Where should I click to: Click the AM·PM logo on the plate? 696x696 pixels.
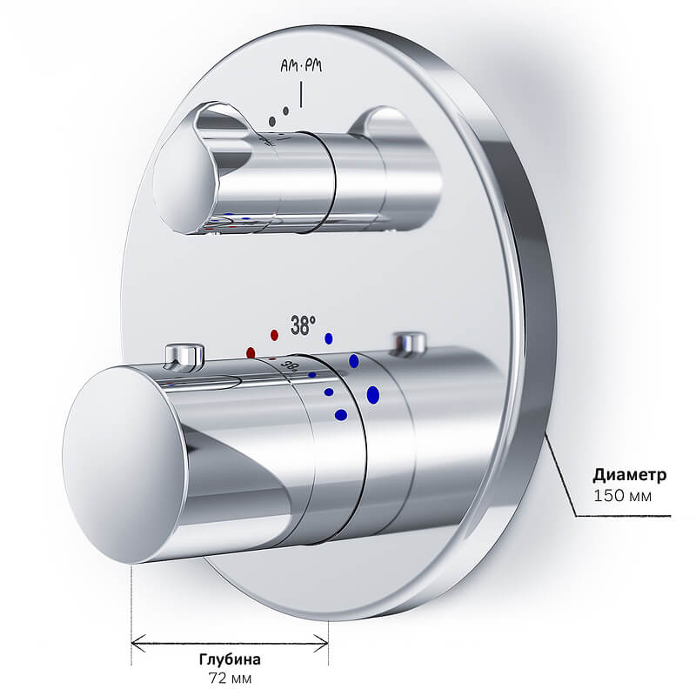(x=301, y=66)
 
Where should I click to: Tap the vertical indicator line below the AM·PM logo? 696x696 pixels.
(x=301, y=95)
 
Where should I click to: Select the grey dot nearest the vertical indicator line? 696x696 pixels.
(x=286, y=110)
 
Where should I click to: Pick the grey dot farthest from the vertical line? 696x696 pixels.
(x=272, y=121)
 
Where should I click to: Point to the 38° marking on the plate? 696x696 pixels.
(x=303, y=325)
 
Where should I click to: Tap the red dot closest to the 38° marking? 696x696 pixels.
(x=274, y=335)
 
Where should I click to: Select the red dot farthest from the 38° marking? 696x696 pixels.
(x=251, y=352)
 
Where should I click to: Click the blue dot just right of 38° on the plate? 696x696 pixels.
(x=329, y=338)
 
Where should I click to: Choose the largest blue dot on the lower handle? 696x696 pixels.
(x=373, y=395)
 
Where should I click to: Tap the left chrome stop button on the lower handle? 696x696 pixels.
(x=184, y=356)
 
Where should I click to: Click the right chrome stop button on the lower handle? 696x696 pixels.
(x=409, y=343)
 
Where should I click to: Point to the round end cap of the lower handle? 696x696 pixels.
(x=125, y=465)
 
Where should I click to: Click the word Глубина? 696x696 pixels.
(x=230, y=659)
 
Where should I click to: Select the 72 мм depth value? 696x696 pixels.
(x=230, y=679)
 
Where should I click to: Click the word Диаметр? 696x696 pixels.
(x=629, y=475)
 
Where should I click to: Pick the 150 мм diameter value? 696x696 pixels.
(x=623, y=495)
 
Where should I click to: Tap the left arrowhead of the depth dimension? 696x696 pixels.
(x=138, y=643)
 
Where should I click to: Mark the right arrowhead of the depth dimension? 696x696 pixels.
(x=321, y=643)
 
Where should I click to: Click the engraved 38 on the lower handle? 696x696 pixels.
(x=290, y=365)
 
